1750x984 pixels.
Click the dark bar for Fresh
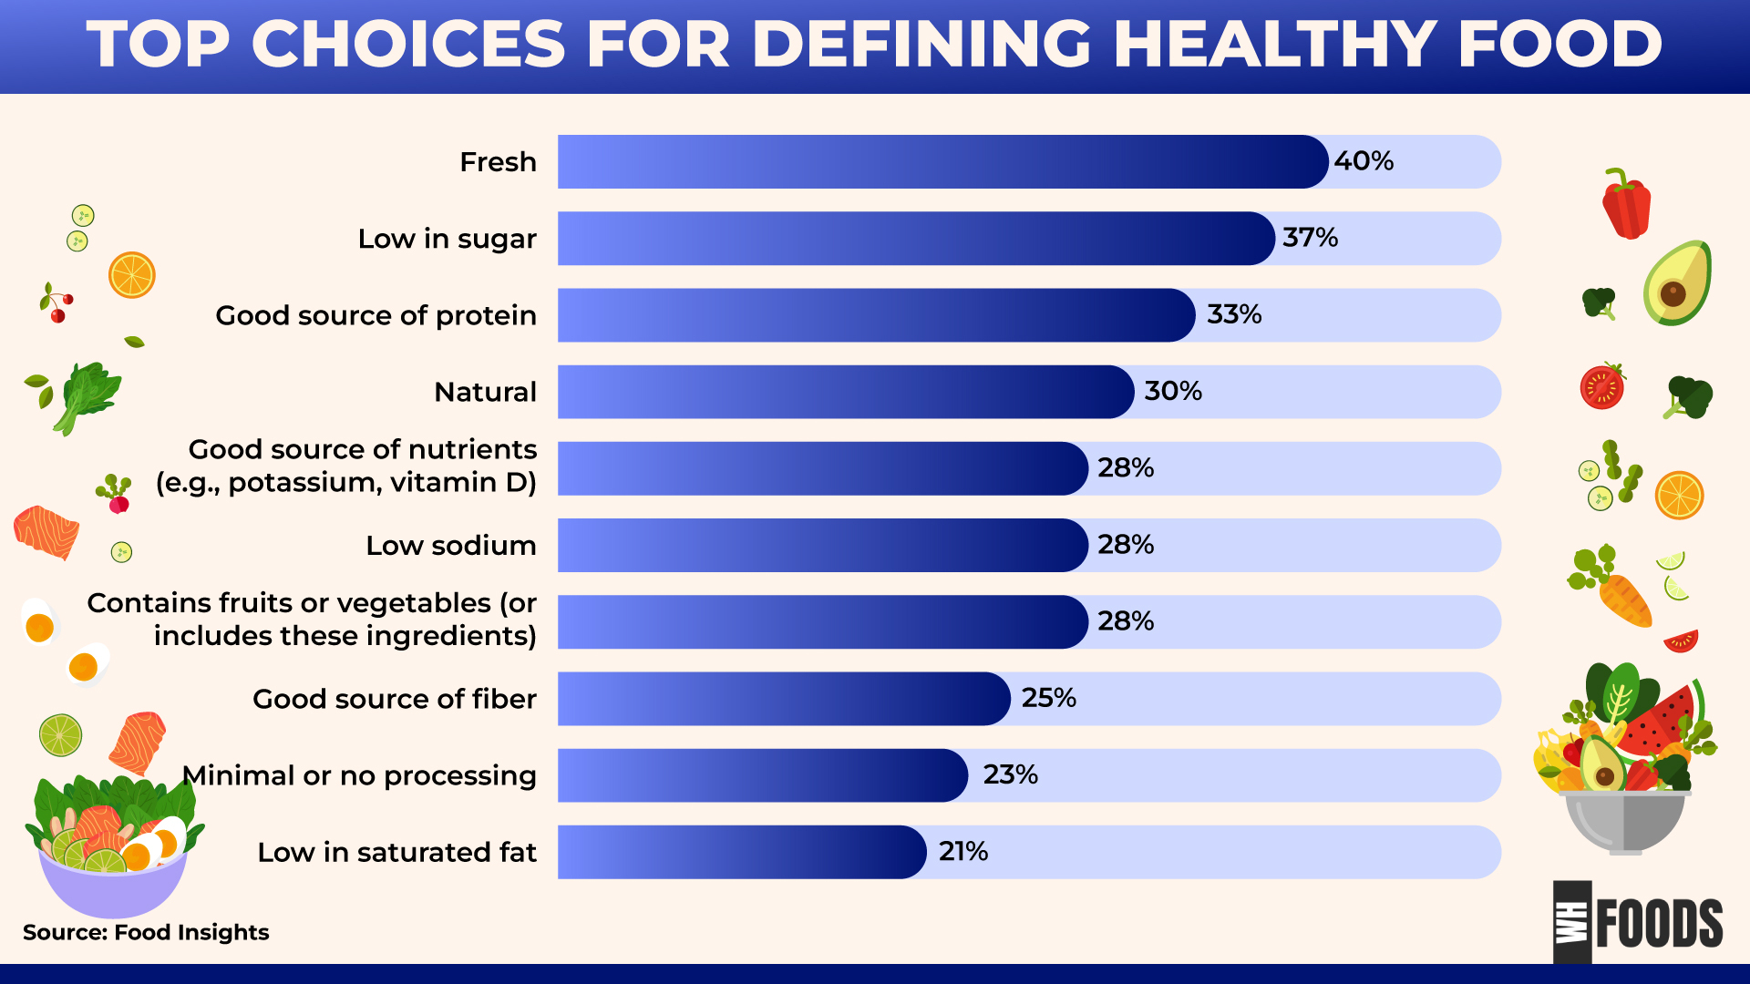coord(942,162)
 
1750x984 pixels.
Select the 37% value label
coord(1310,238)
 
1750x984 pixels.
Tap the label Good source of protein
coord(376,315)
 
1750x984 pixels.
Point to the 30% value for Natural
coord(1173,391)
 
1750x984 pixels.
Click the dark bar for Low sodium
coord(822,545)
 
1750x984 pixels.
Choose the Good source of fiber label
coord(394,699)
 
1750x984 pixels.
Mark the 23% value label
coord(1010,774)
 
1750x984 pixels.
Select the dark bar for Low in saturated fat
coord(742,852)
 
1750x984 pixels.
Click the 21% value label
coord(962,851)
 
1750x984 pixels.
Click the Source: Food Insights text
coord(146,932)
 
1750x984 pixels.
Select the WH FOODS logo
coord(1638,922)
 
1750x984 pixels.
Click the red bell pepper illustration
coord(1627,205)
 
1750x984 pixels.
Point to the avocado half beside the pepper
coord(1677,284)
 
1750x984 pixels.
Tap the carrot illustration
coord(1624,600)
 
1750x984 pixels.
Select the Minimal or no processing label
coord(359,775)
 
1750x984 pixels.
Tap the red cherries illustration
coord(57,304)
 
